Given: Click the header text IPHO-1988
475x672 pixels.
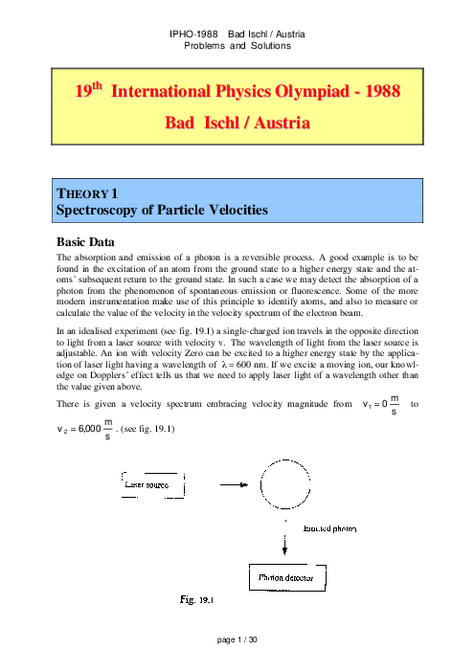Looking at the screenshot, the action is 193,34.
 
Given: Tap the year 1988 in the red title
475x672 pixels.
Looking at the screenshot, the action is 382,91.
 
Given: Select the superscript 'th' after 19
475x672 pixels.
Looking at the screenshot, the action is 97,85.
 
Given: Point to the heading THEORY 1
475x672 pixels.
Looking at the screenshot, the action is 87,193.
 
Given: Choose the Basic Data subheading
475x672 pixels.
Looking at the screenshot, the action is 85,242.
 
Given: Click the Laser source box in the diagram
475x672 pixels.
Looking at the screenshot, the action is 153,485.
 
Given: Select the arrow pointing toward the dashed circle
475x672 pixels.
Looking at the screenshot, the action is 234,484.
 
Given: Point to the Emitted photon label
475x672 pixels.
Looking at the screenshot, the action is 329,528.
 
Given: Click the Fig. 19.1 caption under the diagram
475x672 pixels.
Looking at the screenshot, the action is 196,599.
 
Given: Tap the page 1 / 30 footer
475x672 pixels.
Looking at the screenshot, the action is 237,639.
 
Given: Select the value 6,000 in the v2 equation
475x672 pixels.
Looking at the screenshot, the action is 90,429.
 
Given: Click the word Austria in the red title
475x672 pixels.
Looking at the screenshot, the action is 283,123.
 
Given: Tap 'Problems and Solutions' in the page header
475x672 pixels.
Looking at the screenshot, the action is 237,46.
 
